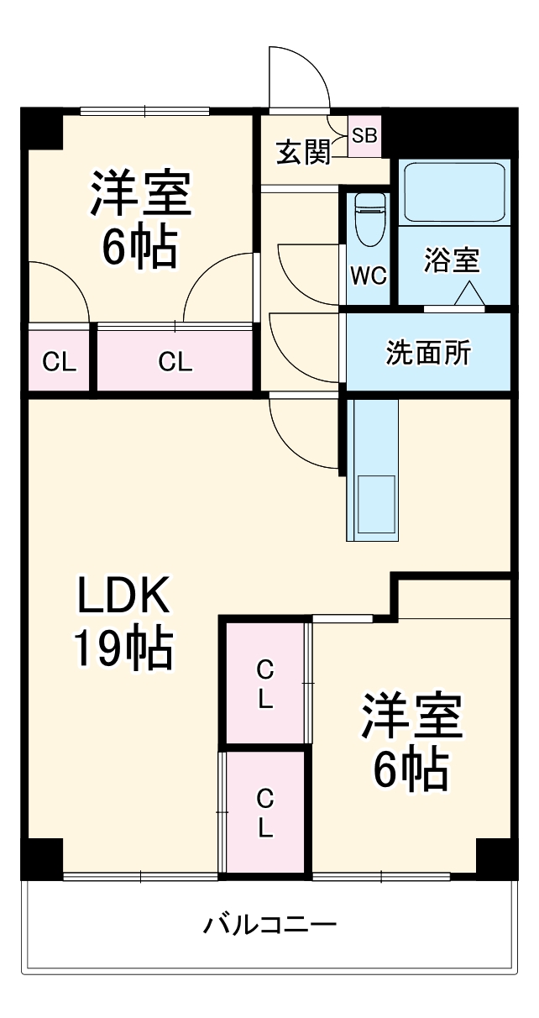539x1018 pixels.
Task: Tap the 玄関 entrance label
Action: [303, 153]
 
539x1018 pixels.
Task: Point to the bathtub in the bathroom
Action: [453, 192]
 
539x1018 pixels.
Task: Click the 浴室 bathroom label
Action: [452, 260]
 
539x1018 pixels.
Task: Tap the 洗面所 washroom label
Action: [428, 354]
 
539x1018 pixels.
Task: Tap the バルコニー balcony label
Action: [269, 926]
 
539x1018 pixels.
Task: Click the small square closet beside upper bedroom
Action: [59, 361]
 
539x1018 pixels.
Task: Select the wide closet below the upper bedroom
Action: [175, 361]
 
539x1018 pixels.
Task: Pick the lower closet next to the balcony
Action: [264, 812]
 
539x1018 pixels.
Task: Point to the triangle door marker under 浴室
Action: [468, 294]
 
